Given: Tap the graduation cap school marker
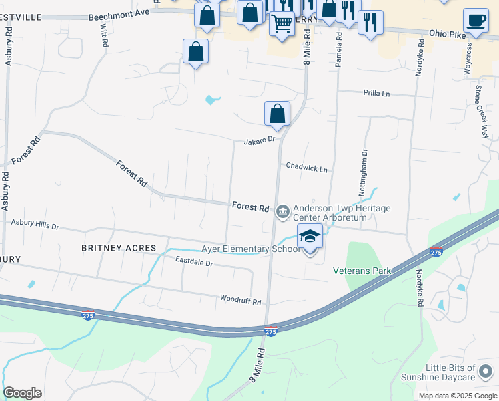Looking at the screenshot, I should coord(310,237).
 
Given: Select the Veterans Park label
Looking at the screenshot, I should coord(361,271).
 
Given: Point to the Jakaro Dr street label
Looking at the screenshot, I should coord(260,140).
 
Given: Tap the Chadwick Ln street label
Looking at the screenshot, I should coord(306,168).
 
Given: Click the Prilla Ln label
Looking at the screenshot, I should coord(376,93).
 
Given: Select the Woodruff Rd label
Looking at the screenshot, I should coord(240,301).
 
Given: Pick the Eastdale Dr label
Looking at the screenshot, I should coord(193,263).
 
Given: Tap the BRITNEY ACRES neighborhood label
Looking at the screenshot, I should coord(119,248).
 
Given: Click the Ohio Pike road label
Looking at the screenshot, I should coord(446,33).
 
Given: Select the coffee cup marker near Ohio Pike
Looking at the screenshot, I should coord(475,21).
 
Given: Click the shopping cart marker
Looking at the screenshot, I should coord(282,25).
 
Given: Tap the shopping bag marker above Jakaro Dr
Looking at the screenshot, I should coord(277,114).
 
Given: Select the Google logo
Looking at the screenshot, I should coord(22,393).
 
